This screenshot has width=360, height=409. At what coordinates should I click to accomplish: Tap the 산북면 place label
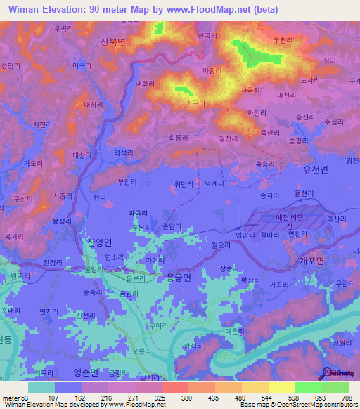tap(113, 43)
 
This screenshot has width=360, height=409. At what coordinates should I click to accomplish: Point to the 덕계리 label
tap(212, 186)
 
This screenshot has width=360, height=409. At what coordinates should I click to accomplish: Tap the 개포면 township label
tap(311, 260)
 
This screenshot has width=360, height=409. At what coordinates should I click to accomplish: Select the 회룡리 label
tap(180, 138)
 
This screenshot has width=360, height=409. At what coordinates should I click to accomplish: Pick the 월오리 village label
tap(212, 246)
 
